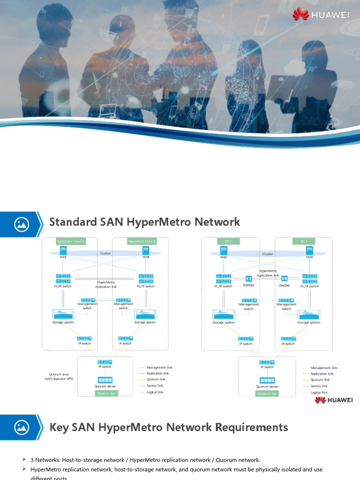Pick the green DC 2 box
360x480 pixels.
pos(304,241)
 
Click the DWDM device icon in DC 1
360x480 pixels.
pos(248,279)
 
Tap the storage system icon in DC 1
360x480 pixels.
pos(223,315)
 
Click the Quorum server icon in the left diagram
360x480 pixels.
pos(105,380)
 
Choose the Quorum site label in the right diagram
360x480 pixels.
pos(267,393)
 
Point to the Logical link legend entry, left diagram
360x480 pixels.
pos(155,392)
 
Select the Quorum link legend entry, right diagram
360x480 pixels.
pos(320,380)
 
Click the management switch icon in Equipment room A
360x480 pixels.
pos(88,300)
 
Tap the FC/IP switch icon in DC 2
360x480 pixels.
pos(309,279)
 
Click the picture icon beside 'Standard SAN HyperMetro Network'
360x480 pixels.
pos(22,223)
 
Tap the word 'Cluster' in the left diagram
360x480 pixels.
pos(105,253)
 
